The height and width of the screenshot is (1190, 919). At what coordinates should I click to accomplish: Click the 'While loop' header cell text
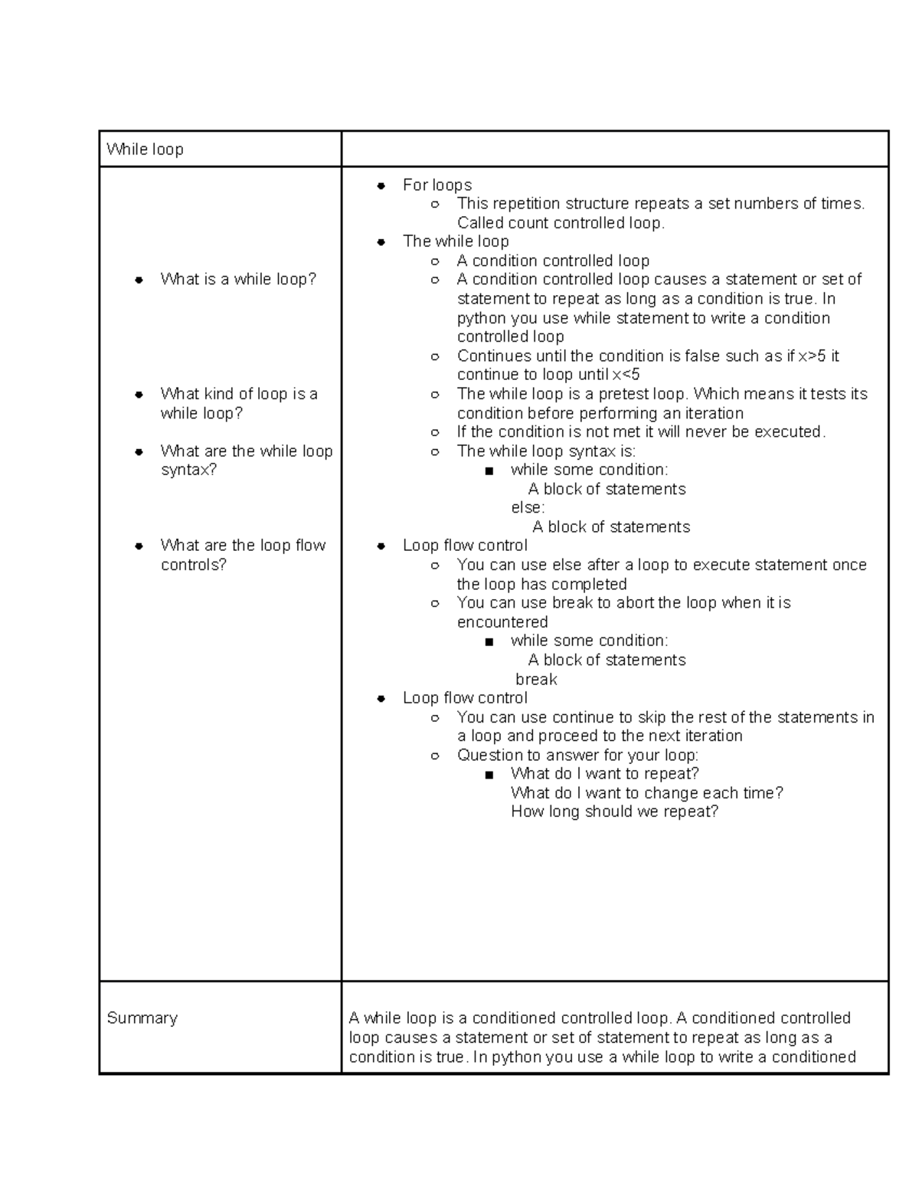145,149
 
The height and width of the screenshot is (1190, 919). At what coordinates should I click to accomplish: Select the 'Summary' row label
142,1018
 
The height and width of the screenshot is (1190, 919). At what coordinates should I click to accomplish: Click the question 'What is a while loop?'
238,280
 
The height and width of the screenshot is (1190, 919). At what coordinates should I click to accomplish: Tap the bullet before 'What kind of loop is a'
139,395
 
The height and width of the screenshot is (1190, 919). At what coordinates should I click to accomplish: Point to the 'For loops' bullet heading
437,185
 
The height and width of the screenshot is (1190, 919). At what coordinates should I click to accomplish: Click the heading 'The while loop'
456,241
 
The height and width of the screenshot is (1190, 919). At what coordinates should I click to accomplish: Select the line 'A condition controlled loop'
553,261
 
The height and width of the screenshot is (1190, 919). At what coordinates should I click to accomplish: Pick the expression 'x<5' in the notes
626,375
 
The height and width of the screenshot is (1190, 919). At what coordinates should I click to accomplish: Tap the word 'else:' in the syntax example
528,507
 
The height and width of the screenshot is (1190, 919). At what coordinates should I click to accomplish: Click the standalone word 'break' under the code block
536,679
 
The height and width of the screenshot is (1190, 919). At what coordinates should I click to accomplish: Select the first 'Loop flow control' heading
465,546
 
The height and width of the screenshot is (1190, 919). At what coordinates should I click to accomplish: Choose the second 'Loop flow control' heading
465,698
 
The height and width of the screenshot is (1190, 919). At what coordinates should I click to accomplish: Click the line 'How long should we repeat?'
614,811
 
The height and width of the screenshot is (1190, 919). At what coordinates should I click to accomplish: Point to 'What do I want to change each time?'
647,792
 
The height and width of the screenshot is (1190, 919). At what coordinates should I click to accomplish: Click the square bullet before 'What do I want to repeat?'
489,775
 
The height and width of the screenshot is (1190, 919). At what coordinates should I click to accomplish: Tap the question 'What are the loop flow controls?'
243,555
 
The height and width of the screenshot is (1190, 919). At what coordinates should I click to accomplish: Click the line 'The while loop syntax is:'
546,451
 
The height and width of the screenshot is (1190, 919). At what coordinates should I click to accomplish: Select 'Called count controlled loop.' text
561,223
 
